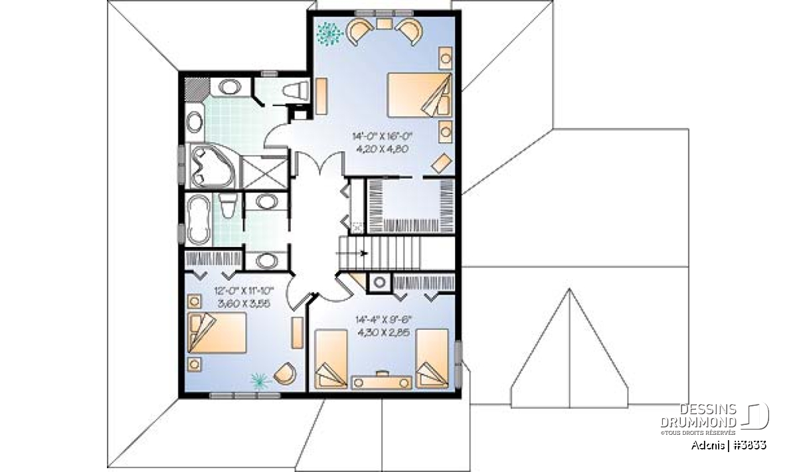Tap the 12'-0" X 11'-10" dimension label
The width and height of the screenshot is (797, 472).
(244, 291)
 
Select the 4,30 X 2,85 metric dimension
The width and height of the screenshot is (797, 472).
(384, 333)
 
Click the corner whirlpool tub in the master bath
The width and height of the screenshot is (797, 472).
(213, 167)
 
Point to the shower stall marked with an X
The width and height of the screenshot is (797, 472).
(264, 173)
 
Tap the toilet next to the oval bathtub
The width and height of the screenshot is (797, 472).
(227, 205)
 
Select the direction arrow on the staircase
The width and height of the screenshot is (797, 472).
(351, 253)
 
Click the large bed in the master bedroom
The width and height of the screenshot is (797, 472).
(420, 95)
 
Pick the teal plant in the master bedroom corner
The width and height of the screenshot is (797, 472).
(329, 34)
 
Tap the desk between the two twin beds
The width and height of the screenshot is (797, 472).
(381, 382)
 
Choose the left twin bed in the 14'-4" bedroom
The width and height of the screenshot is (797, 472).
(331, 359)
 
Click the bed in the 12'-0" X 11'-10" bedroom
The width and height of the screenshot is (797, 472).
(217, 333)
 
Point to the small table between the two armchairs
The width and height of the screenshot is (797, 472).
(385, 24)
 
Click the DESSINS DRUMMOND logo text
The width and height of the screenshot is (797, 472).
(698, 416)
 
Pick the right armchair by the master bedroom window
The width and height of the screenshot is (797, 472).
(410, 31)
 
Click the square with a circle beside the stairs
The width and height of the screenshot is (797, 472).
(380, 283)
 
